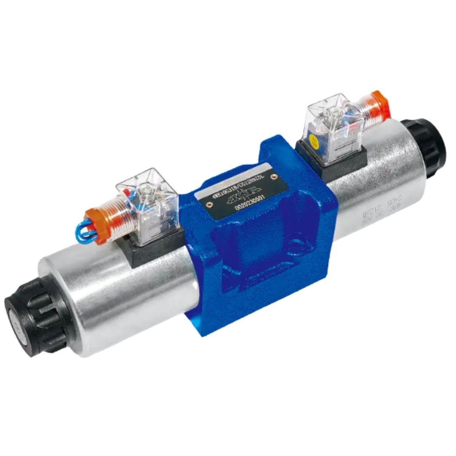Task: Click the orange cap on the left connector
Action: coord(93,226)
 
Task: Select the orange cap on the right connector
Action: coord(379,105)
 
